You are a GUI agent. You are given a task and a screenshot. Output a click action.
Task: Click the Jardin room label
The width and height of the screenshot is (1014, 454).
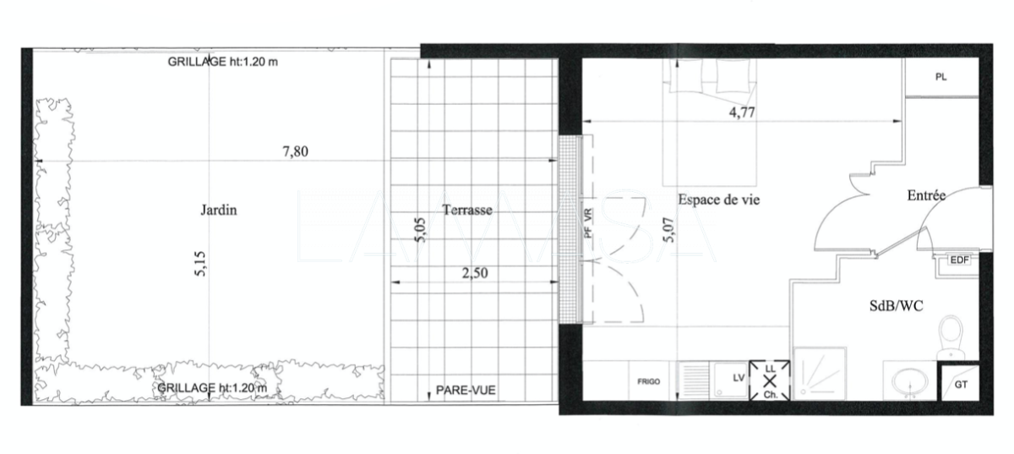pyautogui.click(x=219, y=211)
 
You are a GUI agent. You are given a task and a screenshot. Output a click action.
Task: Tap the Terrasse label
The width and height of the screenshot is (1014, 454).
pyautogui.click(x=467, y=210)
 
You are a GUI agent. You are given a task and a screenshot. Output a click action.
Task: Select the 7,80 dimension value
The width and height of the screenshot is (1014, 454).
pyautogui.click(x=296, y=151)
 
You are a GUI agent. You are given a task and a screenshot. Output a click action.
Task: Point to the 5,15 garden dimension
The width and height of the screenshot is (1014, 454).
pyautogui.click(x=200, y=264)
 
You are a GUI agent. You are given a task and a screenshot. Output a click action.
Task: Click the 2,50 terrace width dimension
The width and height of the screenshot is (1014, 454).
pyautogui.click(x=475, y=273)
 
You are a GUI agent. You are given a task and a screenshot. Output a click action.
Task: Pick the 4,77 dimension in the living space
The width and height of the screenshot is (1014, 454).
pyautogui.click(x=742, y=112)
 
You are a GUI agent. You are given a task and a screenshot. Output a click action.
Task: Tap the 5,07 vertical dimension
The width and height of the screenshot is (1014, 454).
pyautogui.click(x=668, y=230)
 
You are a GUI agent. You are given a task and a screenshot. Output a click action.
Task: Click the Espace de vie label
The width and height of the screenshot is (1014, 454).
pyautogui.click(x=719, y=200)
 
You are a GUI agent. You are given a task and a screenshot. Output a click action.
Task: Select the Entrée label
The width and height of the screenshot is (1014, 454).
pyautogui.click(x=926, y=195)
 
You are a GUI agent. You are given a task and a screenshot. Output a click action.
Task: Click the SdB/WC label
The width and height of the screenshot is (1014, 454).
pyautogui.click(x=897, y=306)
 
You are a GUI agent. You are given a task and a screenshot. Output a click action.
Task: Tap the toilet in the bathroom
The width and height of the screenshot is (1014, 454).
pyautogui.click(x=951, y=337)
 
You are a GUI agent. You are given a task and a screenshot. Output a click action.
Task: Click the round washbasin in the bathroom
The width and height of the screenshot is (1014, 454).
pyautogui.click(x=909, y=381)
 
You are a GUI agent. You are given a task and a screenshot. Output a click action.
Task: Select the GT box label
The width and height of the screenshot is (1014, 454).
pyautogui.click(x=961, y=385)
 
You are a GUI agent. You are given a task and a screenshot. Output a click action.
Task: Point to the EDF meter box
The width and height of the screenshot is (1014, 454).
pyautogui.click(x=959, y=260)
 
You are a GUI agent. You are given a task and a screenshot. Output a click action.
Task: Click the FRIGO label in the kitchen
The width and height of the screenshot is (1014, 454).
pyautogui.click(x=649, y=381)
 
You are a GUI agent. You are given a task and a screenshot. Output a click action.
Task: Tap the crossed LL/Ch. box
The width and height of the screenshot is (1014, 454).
pyautogui.click(x=770, y=380)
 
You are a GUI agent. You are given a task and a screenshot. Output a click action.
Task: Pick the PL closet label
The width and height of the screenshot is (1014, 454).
pyautogui.click(x=940, y=77)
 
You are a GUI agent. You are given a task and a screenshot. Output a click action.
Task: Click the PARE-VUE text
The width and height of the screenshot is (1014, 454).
pyautogui.click(x=466, y=390)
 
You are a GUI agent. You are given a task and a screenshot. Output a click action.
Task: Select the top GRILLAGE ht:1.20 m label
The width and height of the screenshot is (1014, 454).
pyautogui.click(x=223, y=62)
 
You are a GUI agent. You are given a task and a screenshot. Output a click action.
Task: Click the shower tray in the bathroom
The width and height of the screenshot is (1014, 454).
pyautogui.click(x=820, y=374)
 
